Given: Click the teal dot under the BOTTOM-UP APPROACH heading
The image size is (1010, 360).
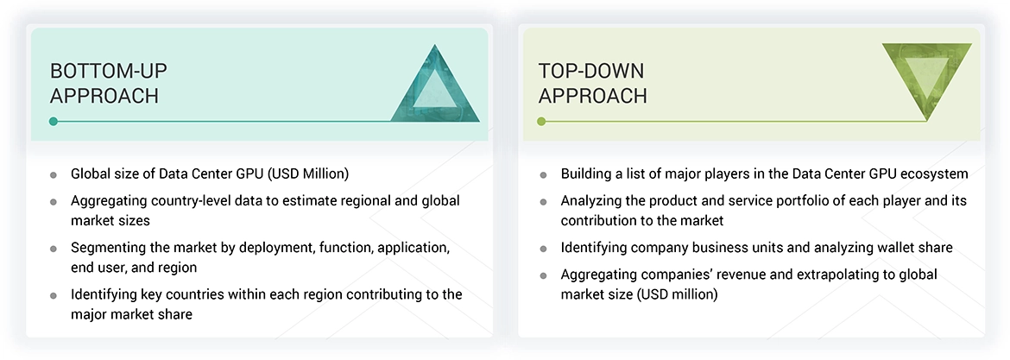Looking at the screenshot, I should tap(54, 122).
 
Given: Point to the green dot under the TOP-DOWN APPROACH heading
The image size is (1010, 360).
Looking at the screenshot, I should tap(541, 122).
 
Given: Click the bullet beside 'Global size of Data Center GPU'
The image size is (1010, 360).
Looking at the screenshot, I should tap(54, 174).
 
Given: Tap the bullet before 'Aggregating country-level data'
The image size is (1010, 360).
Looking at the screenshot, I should tap(54, 201).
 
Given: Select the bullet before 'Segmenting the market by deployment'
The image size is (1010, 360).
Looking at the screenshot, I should tap(54, 249).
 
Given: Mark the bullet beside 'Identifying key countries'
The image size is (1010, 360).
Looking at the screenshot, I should tap(54, 295).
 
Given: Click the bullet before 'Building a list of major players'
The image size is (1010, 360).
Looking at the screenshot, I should tap(543, 174).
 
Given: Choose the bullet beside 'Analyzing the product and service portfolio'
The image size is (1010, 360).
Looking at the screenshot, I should tap(543, 201).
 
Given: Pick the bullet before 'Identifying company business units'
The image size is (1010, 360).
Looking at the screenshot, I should tap(543, 249).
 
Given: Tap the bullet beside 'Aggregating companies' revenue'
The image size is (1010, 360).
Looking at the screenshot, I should tap(543, 275).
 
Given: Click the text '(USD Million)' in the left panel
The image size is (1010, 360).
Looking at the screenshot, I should tap(308, 174).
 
